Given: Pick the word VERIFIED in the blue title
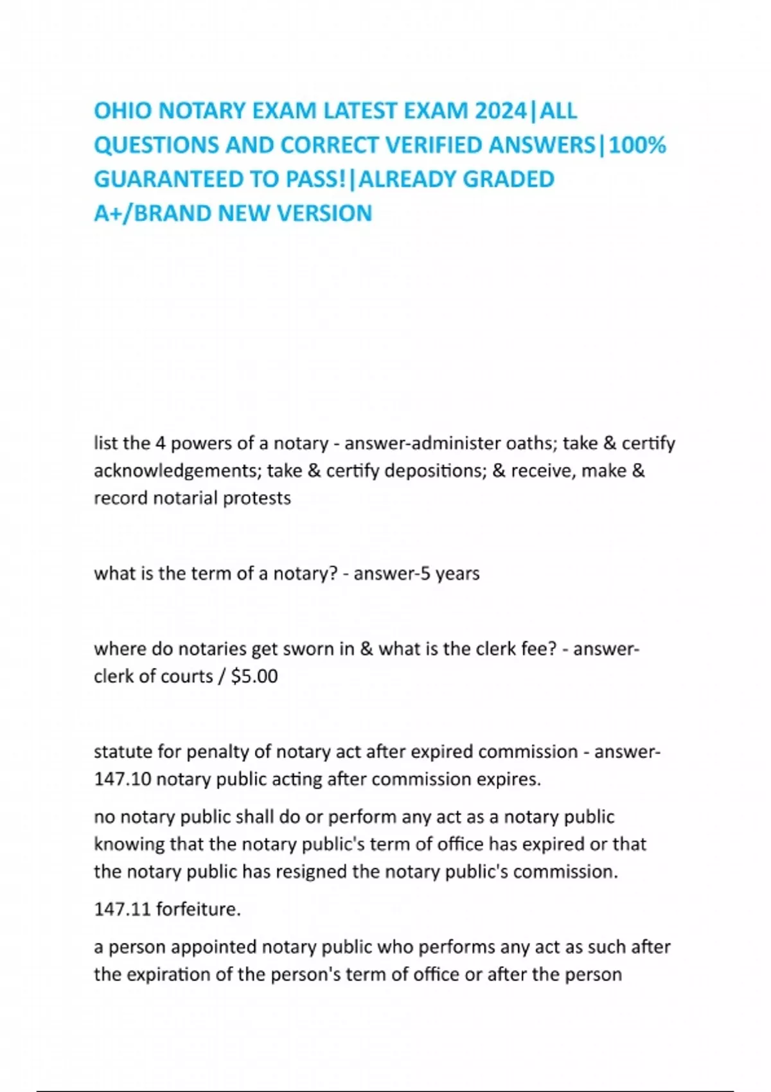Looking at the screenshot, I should pos(434,146).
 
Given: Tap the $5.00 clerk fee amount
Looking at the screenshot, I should pos(254,676).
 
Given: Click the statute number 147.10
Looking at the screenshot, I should pos(122,779).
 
